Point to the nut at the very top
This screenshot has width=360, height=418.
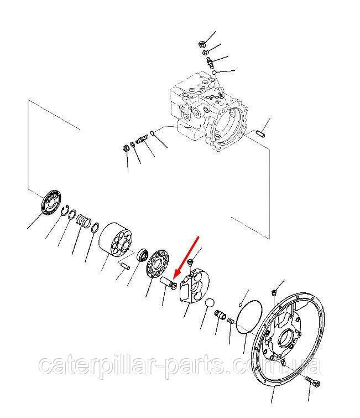(x=202, y=44)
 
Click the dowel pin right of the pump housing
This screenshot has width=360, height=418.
(x=260, y=133)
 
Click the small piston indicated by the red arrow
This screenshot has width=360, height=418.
(x=168, y=283)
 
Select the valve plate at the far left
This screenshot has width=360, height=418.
(x=51, y=202)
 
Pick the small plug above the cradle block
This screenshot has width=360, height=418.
(x=190, y=262)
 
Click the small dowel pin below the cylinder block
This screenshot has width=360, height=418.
(x=124, y=266)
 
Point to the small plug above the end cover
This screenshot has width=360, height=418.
(x=274, y=292)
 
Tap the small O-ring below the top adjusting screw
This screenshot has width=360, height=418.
(x=213, y=72)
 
